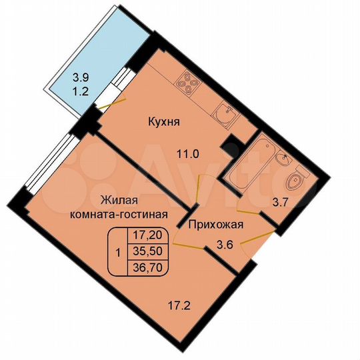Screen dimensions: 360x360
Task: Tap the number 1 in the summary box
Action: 118,252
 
